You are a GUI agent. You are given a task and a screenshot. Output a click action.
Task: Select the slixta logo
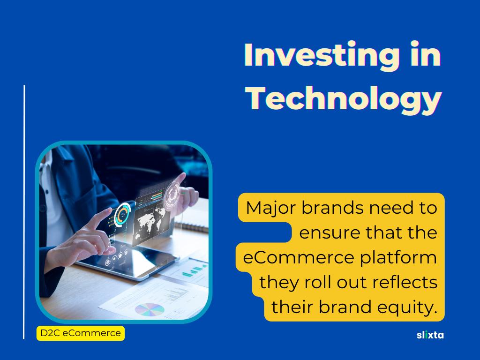(x=430, y=335)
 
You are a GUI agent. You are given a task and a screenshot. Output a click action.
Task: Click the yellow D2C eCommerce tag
(x=81, y=333)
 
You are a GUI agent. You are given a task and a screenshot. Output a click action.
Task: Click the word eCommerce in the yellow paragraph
(x=299, y=257)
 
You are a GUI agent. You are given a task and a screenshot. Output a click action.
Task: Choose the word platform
(x=398, y=258)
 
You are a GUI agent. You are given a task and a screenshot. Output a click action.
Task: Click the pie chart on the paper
(x=150, y=309)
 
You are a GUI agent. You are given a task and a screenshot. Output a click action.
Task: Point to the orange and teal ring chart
(x=122, y=214)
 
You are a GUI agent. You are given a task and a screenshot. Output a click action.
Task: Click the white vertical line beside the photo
(x=24, y=212)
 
